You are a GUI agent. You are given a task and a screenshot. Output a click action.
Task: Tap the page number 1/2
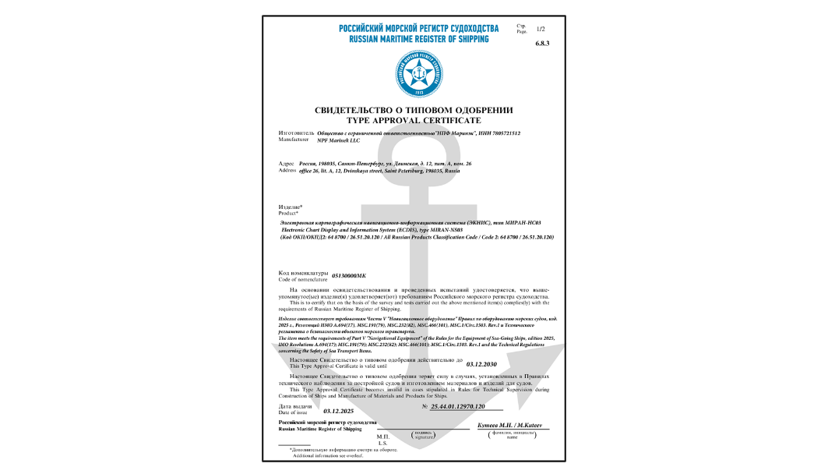click(x=541, y=29)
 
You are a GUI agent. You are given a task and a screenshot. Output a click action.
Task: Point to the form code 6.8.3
click(x=542, y=44)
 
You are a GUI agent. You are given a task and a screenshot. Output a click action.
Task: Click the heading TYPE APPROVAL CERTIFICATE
click(x=414, y=121)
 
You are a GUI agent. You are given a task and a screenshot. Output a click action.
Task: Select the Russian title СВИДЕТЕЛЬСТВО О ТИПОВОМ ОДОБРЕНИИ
click(x=414, y=111)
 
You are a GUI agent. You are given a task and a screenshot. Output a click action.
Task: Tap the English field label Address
click(x=287, y=170)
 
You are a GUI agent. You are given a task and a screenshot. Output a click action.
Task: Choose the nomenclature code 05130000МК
click(x=348, y=276)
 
